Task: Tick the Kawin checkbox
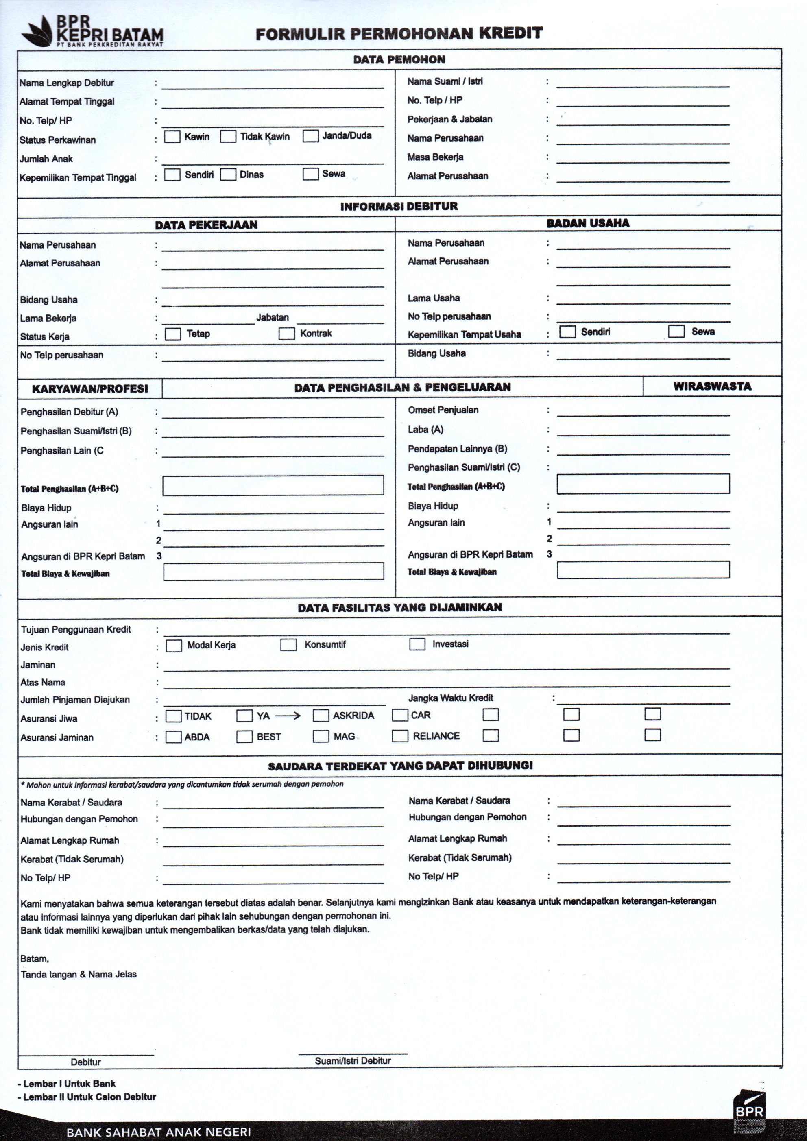(x=172, y=137)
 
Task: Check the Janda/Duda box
(x=311, y=136)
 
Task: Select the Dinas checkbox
(x=228, y=175)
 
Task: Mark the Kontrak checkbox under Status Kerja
(x=287, y=334)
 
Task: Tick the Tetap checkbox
(x=173, y=334)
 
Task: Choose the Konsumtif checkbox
(x=288, y=645)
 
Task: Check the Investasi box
(x=417, y=644)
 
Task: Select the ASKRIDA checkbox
(x=321, y=716)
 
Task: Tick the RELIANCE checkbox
(x=400, y=736)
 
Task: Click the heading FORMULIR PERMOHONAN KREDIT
(x=399, y=34)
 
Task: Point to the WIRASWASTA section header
(x=712, y=386)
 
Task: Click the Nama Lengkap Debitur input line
(x=272, y=85)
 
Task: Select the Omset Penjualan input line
(x=643, y=412)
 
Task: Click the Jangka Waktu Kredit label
(x=451, y=698)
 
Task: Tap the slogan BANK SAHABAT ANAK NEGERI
(x=159, y=1132)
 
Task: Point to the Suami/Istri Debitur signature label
(x=353, y=1060)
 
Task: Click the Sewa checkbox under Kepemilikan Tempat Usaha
(x=676, y=332)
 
